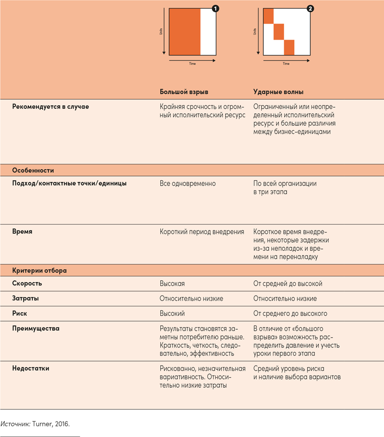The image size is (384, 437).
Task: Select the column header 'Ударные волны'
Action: pyautogui.click(x=278, y=92)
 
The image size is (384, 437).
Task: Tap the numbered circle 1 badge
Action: pyautogui.click(x=215, y=9)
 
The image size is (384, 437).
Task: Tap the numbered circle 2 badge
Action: pyautogui.click(x=310, y=9)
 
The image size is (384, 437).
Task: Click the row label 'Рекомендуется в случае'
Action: pyautogui.click(x=51, y=107)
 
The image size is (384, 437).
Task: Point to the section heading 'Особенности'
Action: pyautogui.click(x=33, y=171)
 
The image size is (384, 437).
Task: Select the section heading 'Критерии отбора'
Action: pyautogui.click(x=40, y=271)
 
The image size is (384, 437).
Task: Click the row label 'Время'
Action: pyautogui.click(x=22, y=232)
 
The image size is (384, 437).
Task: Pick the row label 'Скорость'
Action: pyautogui.click(x=27, y=284)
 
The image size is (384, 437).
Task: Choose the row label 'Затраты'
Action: pyautogui.click(x=25, y=299)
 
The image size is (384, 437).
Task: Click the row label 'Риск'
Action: pyautogui.click(x=20, y=314)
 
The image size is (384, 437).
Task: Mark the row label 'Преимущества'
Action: pyautogui.click(x=36, y=329)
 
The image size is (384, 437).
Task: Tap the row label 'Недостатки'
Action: pyautogui.click(x=30, y=369)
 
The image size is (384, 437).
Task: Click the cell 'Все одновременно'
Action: pyautogui.click(x=188, y=184)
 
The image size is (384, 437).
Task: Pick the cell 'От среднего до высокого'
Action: pyautogui.click(x=291, y=314)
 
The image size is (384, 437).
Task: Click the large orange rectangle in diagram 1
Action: pyautogui.click(x=185, y=32)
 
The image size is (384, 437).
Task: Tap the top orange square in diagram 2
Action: pyautogui.click(x=269, y=16)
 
